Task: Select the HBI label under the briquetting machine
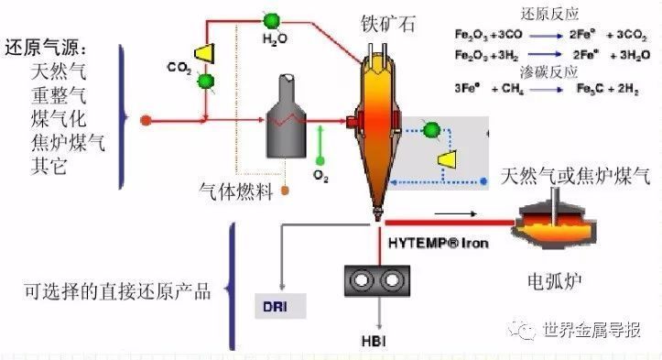(x=376, y=344)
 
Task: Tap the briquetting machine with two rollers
(x=376, y=280)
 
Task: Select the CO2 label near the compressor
(x=179, y=67)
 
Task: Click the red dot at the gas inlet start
(x=145, y=119)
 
